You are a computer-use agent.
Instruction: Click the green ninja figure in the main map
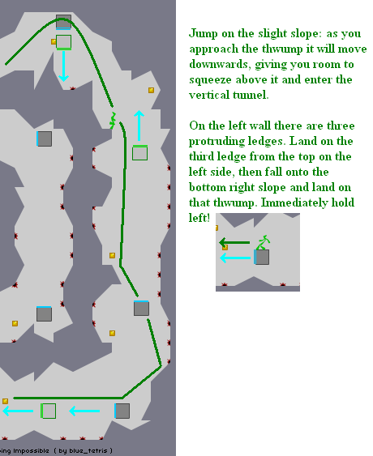113,120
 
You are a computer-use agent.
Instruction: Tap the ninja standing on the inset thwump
263,241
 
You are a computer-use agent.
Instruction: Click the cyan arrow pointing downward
63,68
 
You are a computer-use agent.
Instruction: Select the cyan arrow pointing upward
139,126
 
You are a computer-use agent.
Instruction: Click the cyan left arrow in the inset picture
235,258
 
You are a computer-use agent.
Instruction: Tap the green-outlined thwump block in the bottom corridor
48,411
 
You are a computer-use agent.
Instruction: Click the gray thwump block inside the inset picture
262,257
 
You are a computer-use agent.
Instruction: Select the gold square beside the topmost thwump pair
54,41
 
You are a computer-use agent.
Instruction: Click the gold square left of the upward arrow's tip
151,90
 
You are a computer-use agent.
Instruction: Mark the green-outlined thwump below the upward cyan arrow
139,152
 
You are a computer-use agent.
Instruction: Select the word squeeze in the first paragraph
209,79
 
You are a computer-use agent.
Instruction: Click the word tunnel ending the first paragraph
242,95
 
